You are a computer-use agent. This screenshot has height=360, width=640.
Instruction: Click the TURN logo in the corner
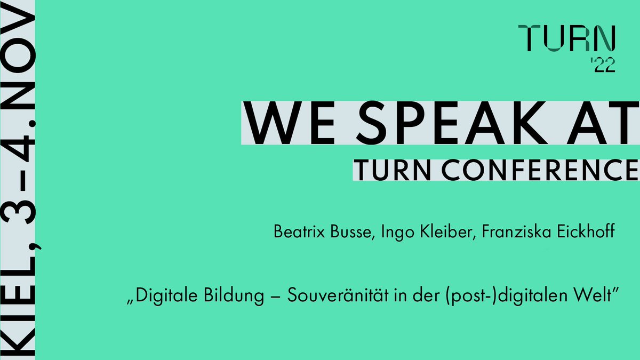click(569, 38)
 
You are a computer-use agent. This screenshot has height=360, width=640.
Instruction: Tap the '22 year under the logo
click(604, 66)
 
